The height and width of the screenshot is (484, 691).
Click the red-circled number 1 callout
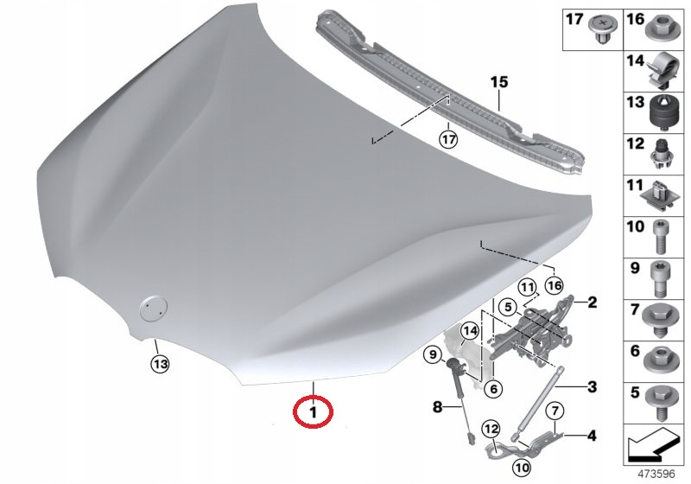click(x=313, y=412)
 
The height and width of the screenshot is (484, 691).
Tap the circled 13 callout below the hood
click(x=160, y=364)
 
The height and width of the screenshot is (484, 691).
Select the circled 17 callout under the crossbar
click(x=448, y=140)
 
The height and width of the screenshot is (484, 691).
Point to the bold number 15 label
click(x=499, y=82)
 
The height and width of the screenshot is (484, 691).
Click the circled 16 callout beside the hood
click(x=554, y=285)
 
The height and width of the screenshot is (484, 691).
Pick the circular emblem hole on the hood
click(x=154, y=308)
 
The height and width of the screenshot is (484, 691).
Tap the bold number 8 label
click(x=437, y=406)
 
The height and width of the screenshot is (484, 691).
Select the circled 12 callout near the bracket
click(x=491, y=429)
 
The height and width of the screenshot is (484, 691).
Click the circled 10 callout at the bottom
click(x=522, y=467)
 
